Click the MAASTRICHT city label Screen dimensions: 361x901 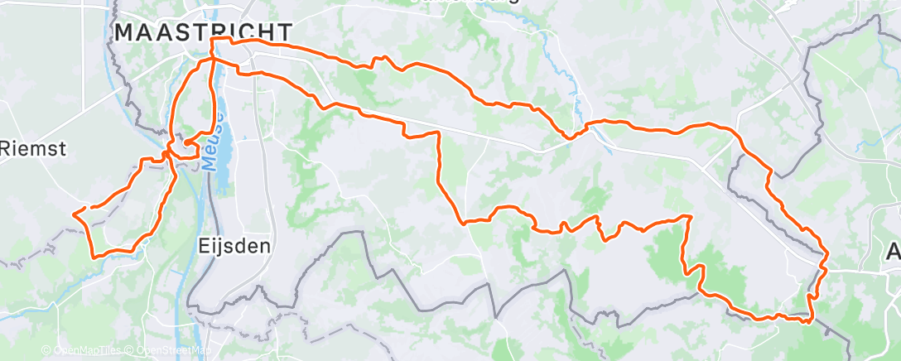[203, 32]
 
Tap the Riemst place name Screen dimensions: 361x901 [33, 148]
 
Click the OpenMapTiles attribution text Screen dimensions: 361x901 [89, 351]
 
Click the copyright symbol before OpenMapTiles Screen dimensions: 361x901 [46, 351]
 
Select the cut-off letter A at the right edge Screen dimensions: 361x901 [894, 253]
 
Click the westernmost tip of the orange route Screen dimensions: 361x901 [75, 214]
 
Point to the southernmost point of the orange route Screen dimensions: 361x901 [807, 321]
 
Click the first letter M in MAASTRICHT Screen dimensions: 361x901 [124, 32]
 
